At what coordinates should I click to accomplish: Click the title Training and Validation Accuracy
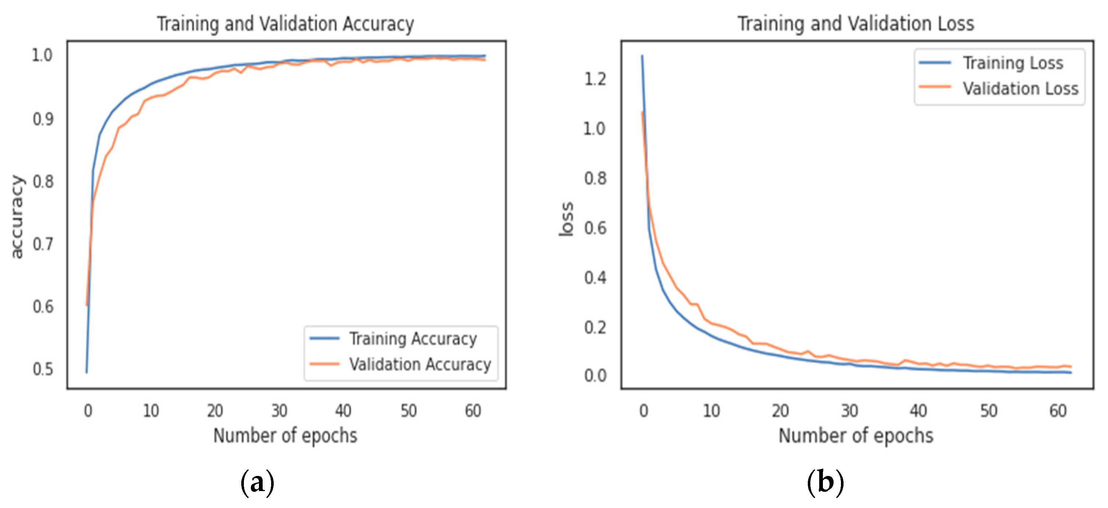285,24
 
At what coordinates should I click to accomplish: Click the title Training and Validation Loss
856,24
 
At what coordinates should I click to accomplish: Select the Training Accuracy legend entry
413,339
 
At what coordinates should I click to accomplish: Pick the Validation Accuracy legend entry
420,364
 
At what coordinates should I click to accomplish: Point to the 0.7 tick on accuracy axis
43,244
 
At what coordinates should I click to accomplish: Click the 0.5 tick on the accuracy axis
43,369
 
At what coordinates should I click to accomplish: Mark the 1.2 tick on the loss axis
595,79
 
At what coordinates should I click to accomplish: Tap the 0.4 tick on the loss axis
595,278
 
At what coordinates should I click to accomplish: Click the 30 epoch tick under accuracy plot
279,411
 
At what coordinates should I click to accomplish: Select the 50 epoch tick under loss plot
988,411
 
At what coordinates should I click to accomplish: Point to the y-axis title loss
566,218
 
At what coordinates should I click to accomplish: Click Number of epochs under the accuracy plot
285,435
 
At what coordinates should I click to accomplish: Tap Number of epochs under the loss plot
856,435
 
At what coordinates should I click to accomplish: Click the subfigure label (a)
257,482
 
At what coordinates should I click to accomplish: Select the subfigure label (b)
825,482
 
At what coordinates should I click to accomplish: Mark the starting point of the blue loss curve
642,56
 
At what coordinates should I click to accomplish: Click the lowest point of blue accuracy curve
87,372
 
